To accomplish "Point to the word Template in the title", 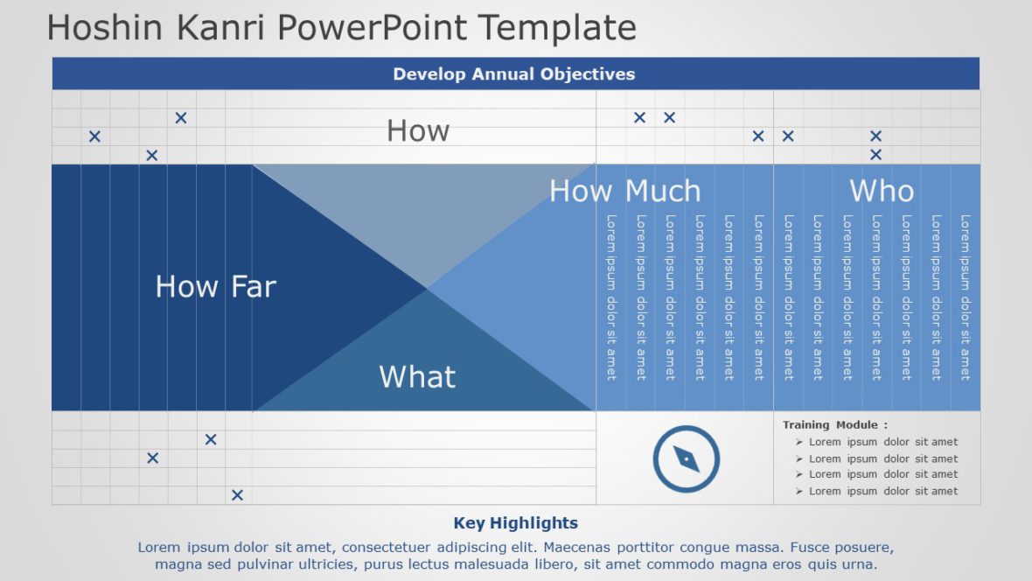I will [558, 28].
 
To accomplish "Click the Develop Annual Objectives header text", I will [514, 74].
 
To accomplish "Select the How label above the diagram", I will [418, 131].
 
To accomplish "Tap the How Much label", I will [624, 191].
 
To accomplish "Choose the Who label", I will [882, 191].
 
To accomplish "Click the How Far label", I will [215, 286].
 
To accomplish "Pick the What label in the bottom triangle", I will [417, 377].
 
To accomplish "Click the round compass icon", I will [687, 458].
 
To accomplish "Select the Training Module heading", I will [834, 425].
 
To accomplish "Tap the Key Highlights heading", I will [515, 523].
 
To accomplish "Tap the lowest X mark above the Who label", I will [875, 155].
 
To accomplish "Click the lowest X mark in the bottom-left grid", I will [237, 495].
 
